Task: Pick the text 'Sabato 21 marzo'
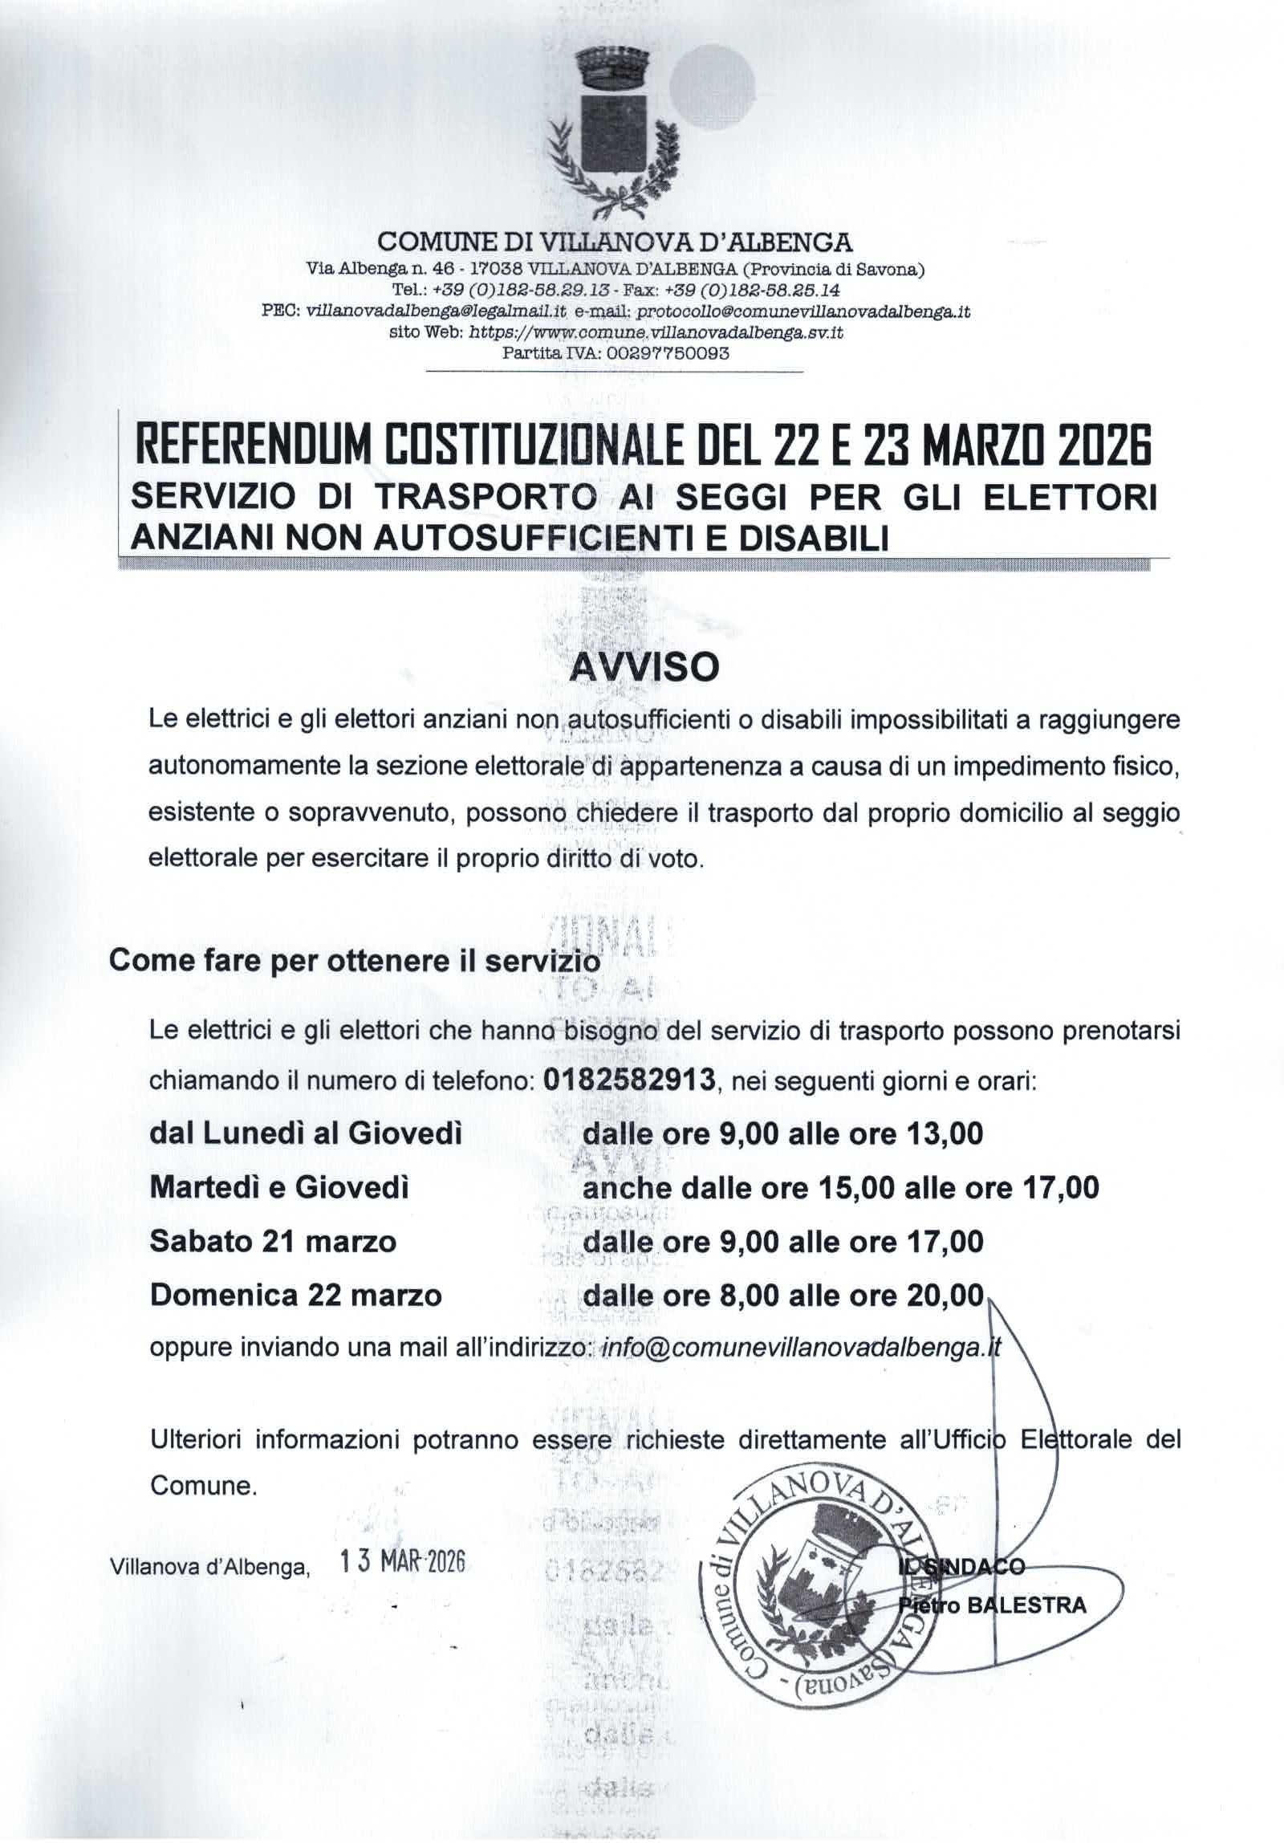coord(273,1242)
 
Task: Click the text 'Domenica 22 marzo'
coord(295,1295)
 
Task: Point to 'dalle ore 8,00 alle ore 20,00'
coord(783,1295)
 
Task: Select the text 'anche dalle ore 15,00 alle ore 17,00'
coord(840,1188)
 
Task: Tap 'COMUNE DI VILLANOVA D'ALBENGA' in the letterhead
coord(615,241)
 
